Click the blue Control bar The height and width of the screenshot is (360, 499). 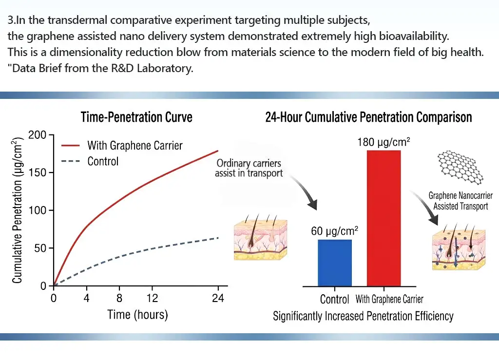click(334, 263)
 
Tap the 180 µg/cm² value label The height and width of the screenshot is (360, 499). click(383, 143)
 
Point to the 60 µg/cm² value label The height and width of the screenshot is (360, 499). click(335, 231)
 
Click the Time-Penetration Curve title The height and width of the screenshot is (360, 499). click(136, 117)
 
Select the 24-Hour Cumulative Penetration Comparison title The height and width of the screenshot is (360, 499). click(368, 117)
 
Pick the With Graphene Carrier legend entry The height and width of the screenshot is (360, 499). click(134, 145)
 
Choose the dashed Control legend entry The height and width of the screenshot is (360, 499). click(103, 161)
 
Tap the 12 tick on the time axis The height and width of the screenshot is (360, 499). click(152, 298)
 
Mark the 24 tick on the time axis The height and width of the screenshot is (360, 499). click(218, 298)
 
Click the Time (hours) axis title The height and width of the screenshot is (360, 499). click(137, 314)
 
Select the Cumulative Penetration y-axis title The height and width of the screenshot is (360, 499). click(18, 210)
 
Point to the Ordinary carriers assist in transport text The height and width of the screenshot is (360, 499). click(249, 168)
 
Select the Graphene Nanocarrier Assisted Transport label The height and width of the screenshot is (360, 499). click(461, 201)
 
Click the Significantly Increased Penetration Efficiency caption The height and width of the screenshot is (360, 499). click(363, 316)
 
